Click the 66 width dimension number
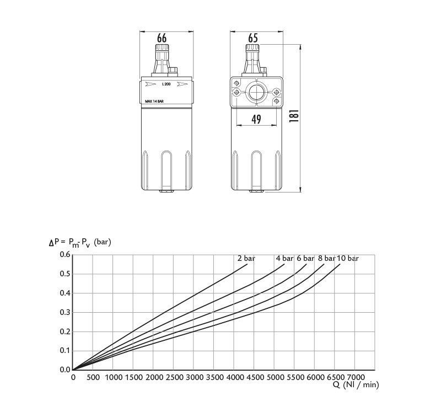point(162,38)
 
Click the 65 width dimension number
point(253,38)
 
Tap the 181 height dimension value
point(294,116)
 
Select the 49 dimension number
point(256,119)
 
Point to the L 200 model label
point(166,84)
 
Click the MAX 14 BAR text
point(154,101)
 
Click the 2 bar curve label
point(246,258)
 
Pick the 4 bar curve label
point(284,258)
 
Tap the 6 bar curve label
point(305,258)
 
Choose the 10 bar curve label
point(348,258)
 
